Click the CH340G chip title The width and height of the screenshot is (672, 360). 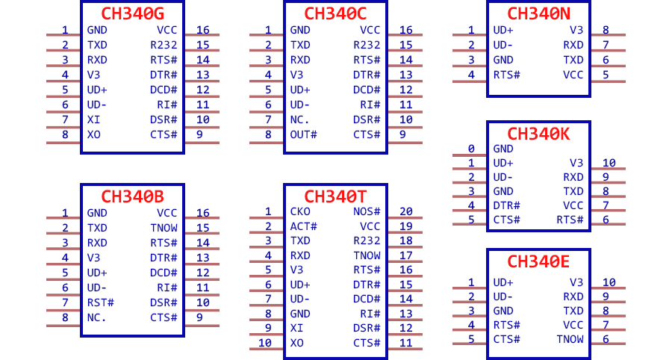pos(132,13)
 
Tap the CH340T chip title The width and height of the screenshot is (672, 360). pos(335,196)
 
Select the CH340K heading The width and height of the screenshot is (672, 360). pos(538,134)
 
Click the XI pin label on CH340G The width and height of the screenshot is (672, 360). pos(93,120)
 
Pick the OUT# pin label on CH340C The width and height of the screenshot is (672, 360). pos(303,134)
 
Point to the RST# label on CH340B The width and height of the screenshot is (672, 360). pos(100,302)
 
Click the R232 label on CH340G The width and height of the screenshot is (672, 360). pos(164,45)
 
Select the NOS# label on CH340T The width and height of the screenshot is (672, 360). pos(367,211)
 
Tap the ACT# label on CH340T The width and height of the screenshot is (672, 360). pos(303,226)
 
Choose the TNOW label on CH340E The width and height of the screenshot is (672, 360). pos(570,339)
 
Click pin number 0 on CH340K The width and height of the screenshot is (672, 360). pos(471,149)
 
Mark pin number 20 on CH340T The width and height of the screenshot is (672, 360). pos(406,211)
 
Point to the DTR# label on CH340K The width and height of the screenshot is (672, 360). pos(506,205)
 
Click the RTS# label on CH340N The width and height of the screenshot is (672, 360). pos(506,75)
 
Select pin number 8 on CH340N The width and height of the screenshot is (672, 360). pos(606,30)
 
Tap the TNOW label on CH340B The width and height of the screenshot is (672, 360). pos(164,228)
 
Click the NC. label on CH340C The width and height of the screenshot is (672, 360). pos(299,120)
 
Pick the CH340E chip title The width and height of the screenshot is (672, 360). pos(538,261)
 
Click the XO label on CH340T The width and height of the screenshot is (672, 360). pos(296,343)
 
